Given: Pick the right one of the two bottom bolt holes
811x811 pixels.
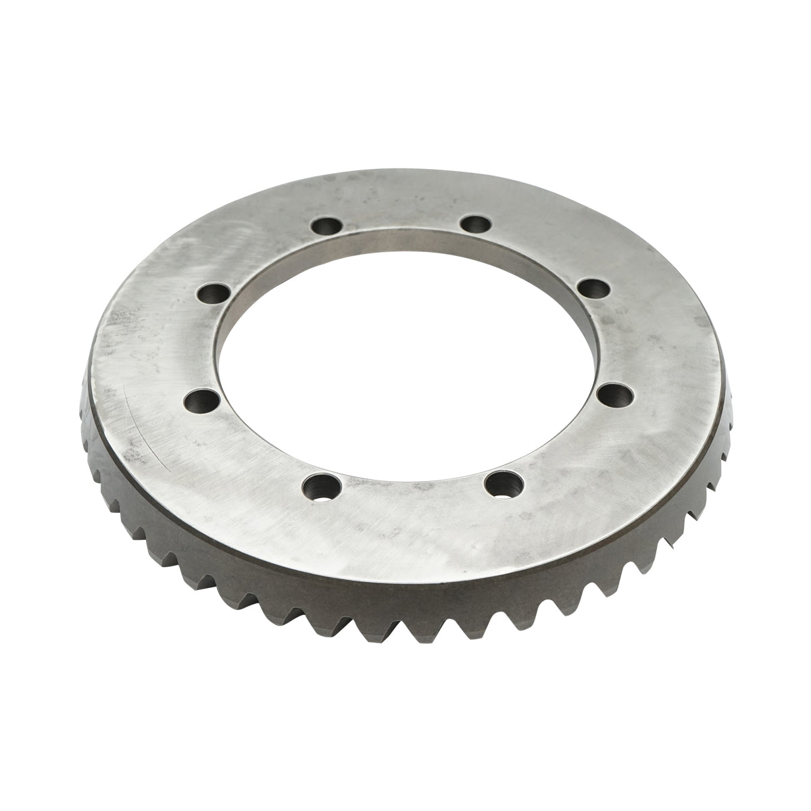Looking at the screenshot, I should [503, 483].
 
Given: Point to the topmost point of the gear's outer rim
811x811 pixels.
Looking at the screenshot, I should [405, 171].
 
